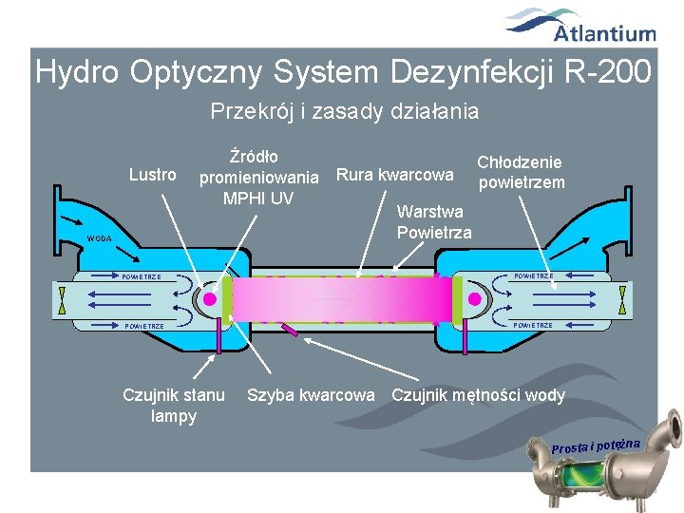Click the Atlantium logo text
coord(605,34)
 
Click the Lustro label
coord(153,175)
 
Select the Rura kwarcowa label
coord(394,175)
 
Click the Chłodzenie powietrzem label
coord(520,172)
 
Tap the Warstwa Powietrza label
coord(433,221)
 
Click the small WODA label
coord(98,238)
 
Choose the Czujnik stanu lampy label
coord(174,405)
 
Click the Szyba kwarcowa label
coord(311,395)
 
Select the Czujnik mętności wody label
coord(478,395)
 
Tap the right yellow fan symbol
coord(621,300)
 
